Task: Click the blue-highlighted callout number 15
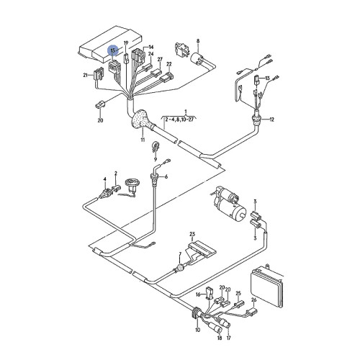tap(112, 50)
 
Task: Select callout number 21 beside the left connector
tap(84, 74)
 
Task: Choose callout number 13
tap(266, 78)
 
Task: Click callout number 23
tap(192, 235)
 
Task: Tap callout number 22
tap(169, 64)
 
